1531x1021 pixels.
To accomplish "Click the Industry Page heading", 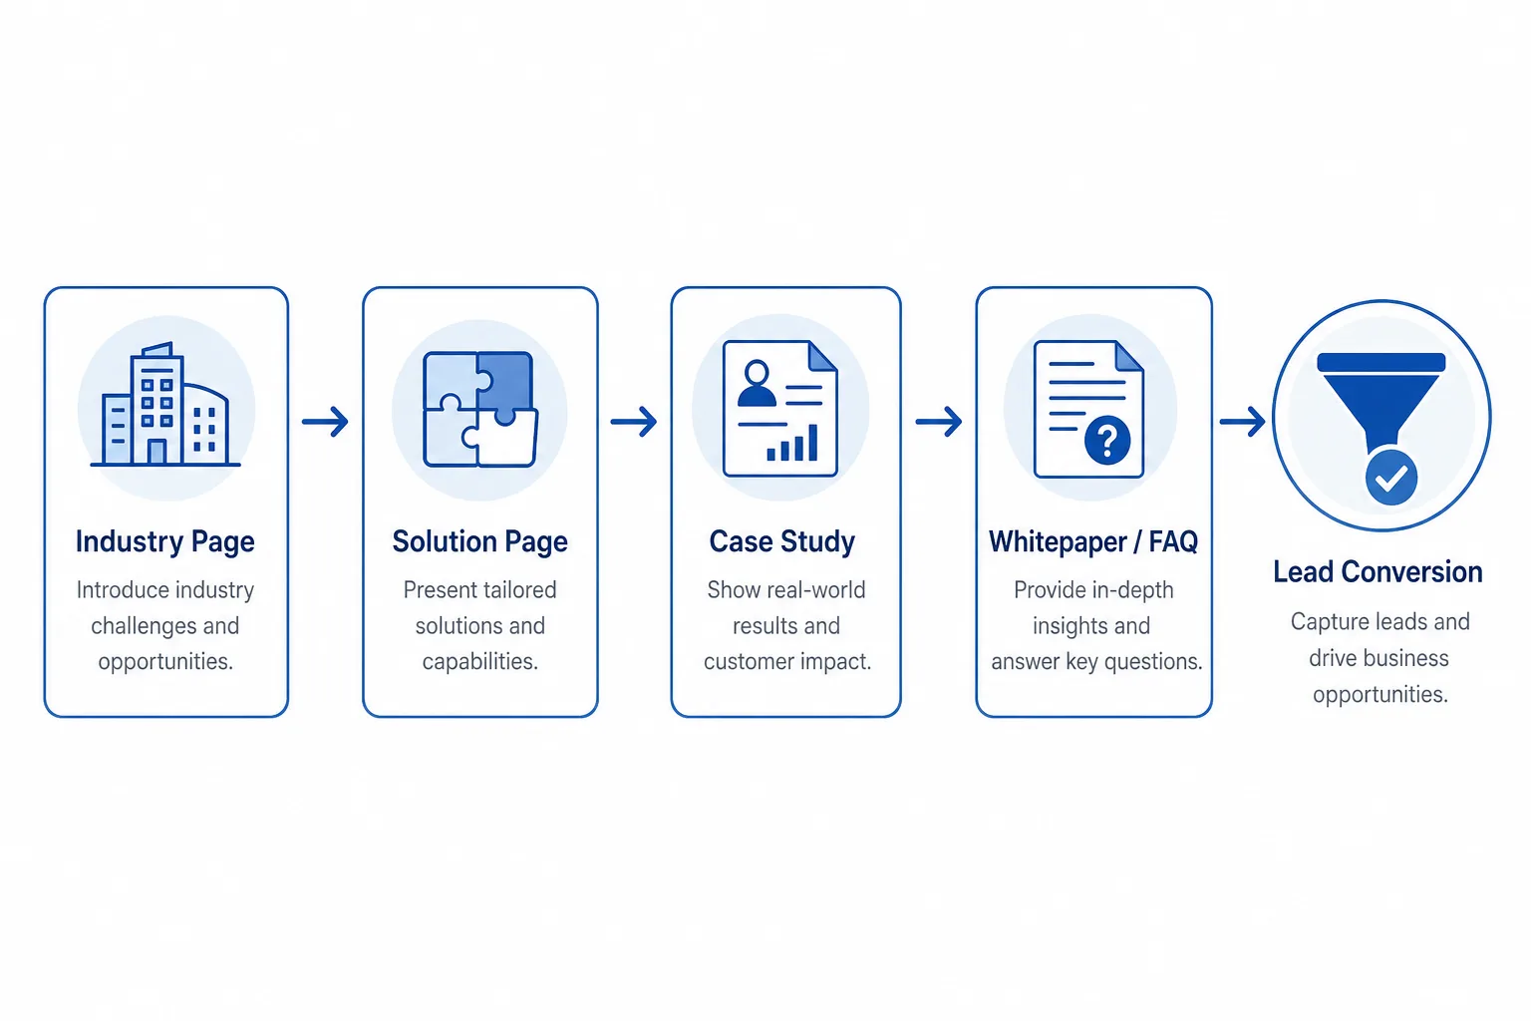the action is click(164, 541).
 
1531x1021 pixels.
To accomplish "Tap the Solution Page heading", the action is click(479, 541).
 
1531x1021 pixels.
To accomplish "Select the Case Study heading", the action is click(781, 541).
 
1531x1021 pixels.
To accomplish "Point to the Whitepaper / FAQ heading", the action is click(1093, 541).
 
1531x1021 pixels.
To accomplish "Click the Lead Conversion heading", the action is click(1378, 571).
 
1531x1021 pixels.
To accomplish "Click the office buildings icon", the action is click(165, 404).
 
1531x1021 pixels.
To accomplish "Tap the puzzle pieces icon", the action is click(480, 409).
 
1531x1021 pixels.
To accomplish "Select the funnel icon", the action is click(1381, 404).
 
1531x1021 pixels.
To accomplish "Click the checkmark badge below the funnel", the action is click(1390, 478).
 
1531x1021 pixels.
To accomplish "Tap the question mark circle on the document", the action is click(1107, 441).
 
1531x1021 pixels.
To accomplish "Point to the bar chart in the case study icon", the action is click(792, 443).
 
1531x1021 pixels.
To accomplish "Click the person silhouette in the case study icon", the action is click(757, 384).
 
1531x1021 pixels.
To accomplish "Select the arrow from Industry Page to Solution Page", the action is click(325, 421).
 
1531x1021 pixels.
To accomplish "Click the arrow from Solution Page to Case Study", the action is click(634, 421).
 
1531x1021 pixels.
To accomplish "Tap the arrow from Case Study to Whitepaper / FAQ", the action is click(939, 421).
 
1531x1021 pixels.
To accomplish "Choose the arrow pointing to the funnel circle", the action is click(1243, 421).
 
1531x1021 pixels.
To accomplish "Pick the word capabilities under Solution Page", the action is click(479, 661).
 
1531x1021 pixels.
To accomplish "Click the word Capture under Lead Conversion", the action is click(1329, 622).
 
